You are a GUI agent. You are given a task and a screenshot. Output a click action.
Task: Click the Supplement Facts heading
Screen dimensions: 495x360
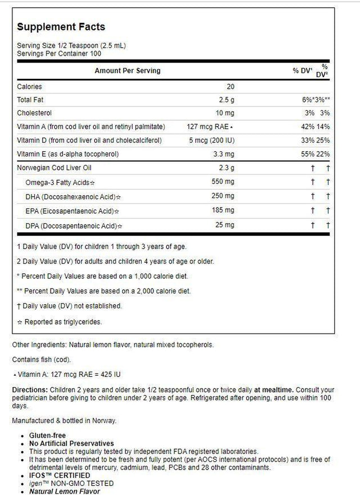61,27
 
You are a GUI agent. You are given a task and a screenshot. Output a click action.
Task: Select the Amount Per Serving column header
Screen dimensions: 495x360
127,71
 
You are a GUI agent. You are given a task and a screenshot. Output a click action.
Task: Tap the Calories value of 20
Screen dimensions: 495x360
231,87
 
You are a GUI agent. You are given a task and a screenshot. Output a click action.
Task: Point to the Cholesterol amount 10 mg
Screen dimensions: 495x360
226,112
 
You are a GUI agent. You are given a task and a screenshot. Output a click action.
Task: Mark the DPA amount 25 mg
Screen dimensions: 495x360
226,225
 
